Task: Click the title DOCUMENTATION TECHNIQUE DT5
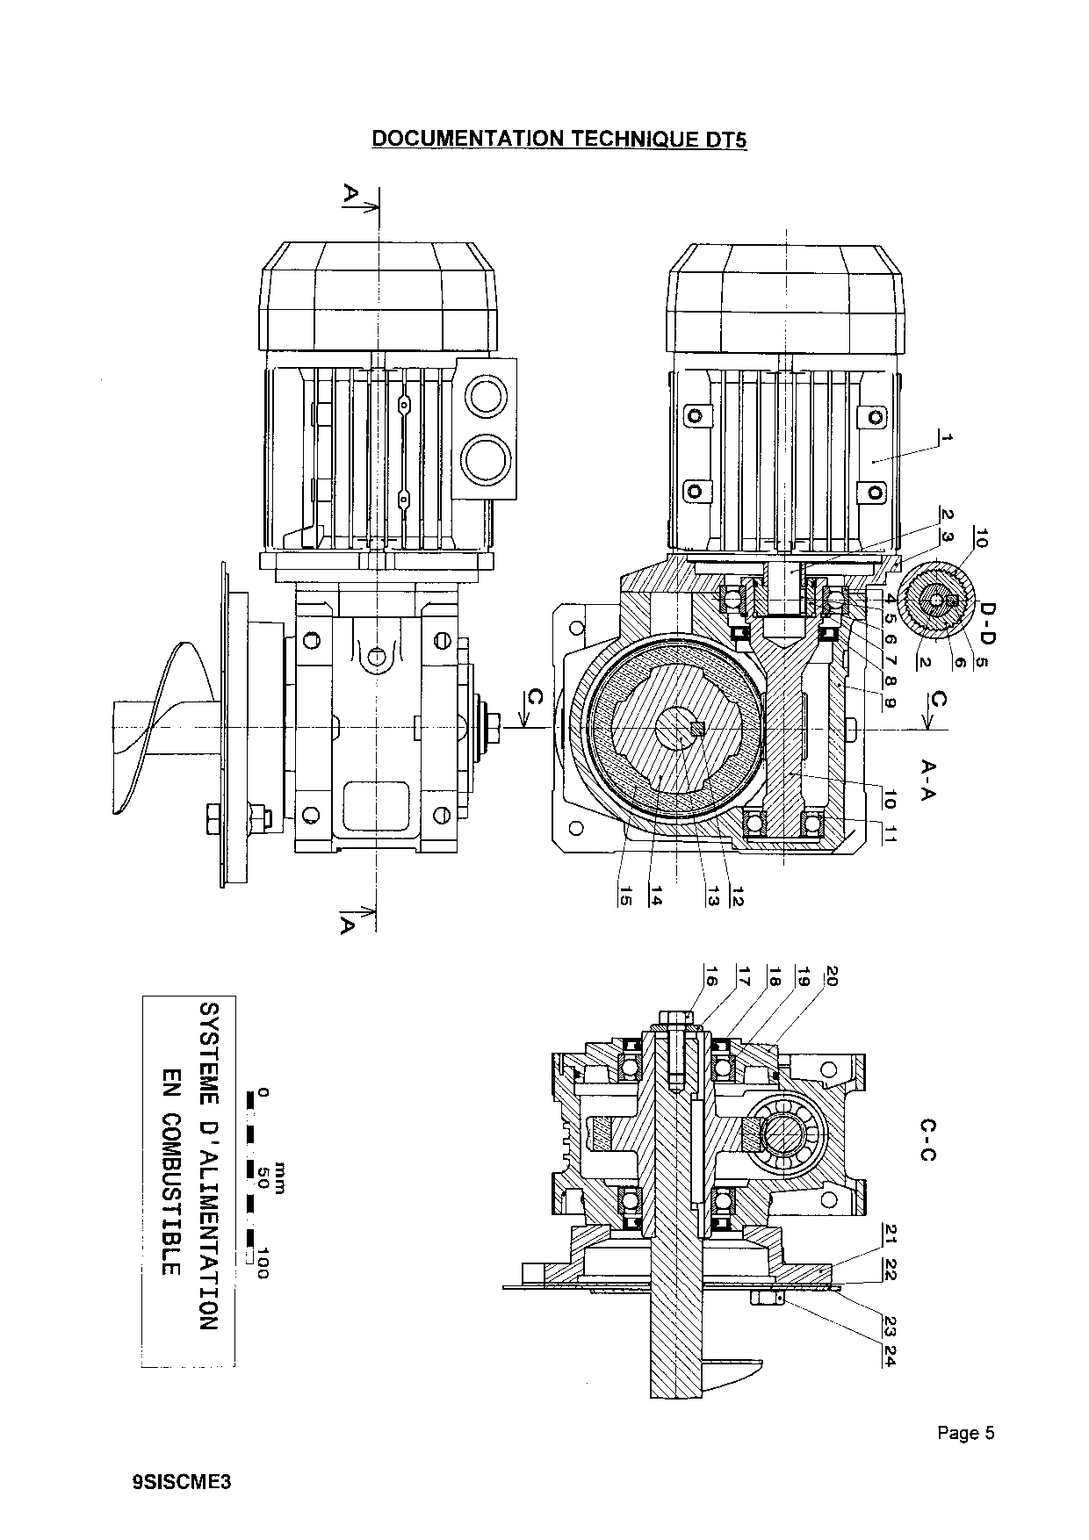[559, 139]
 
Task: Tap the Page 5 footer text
[965, 1434]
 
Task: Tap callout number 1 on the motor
[944, 436]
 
